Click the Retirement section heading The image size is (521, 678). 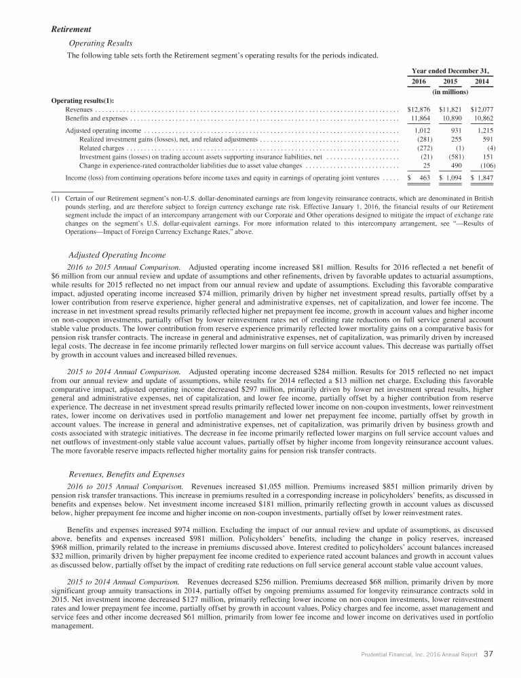(72, 29)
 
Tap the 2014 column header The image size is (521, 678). (482, 82)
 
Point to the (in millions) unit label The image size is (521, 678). (451, 92)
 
